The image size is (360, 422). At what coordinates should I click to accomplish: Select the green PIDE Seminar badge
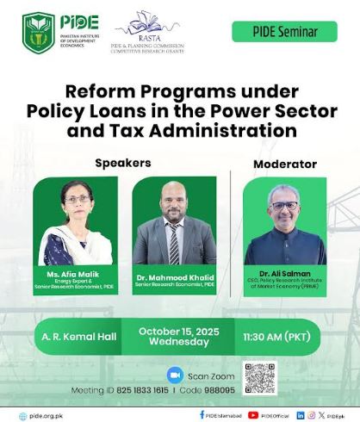[x=282, y=32]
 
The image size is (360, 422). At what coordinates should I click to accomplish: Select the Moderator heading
[x=286, y=164]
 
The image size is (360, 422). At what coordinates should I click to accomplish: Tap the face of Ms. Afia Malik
[x=77, y=205]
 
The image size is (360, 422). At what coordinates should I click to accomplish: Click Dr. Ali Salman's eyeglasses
[x=283, y=205]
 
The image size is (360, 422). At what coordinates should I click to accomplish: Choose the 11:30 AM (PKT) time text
[x=275, y=335]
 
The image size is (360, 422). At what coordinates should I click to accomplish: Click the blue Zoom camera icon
[x=174, y=375]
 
